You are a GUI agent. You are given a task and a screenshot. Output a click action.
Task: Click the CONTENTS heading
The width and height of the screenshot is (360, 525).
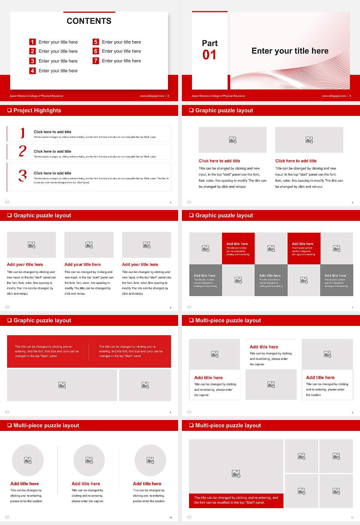[89, 21]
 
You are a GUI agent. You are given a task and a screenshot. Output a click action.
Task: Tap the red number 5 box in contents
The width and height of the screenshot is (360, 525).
[96, 42]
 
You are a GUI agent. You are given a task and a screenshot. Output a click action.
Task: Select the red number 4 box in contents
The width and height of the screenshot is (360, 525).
[32, 70]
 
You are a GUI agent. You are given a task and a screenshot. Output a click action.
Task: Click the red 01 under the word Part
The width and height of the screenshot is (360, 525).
[209, 55]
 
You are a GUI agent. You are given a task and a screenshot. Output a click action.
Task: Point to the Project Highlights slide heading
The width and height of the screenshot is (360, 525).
[37, 110]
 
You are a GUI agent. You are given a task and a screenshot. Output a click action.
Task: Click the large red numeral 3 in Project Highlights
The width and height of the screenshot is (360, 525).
[22, 175]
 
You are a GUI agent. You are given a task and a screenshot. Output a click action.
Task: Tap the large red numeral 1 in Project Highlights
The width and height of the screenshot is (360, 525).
[22, 133]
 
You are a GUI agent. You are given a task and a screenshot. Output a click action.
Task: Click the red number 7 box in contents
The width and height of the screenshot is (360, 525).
[96, 61]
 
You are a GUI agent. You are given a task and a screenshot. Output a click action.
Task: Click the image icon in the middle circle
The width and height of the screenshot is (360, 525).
[89, 460]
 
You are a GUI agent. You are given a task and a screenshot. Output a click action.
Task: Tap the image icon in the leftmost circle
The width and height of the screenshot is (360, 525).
[28, 460]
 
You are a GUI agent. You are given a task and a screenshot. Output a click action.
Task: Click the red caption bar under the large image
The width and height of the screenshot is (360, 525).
[236, 500]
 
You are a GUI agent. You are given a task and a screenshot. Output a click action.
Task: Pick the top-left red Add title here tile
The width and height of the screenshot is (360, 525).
[238, 248]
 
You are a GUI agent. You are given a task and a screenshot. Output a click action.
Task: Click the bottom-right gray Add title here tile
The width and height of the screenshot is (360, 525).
[336, 280]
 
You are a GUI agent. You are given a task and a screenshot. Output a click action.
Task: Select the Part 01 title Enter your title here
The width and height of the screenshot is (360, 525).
[290, 51]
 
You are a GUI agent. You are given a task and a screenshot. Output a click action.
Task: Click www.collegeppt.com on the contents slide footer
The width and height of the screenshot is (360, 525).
[152, 96]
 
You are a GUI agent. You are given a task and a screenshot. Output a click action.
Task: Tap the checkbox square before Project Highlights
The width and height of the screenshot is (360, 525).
[9, 110]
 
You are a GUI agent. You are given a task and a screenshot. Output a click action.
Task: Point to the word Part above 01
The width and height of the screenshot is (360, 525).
[210, 43]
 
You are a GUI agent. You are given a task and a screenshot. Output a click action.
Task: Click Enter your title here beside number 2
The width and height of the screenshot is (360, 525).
[58, 51]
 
